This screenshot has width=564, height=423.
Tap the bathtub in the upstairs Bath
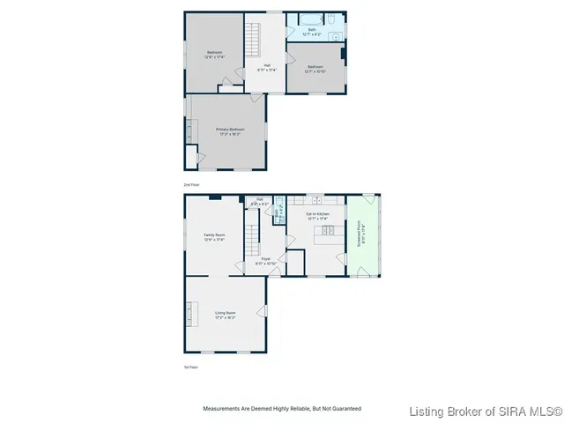[x=309, y=19]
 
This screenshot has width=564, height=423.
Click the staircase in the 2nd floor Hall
[x=254, y=40]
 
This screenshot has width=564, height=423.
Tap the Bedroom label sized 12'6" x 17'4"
[x=214, y=55]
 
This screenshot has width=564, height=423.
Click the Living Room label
[x=226, y=314]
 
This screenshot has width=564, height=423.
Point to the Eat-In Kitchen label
[x=317, y=216]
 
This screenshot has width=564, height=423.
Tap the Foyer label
[x=266, y=261]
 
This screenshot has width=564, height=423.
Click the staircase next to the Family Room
[x=250, y=239]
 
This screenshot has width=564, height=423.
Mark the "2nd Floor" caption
[x=191, y=185]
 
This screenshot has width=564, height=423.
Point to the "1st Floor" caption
[x=190, y=367]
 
